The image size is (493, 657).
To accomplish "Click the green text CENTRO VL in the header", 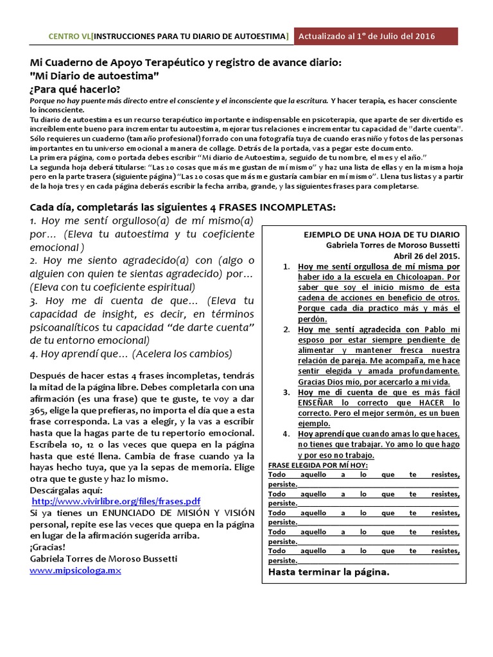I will (x=70, y=37).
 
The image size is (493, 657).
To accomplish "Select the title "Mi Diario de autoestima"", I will (x=94, y=76).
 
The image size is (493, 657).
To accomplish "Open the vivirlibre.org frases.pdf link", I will (x=116, y=501).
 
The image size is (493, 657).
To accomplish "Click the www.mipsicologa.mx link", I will (x=75, y=570).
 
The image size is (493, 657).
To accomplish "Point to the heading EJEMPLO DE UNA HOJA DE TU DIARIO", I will (x=381, y=234).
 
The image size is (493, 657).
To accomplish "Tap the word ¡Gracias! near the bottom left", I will (x=48, y=547).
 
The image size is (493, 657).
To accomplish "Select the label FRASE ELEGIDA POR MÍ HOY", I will (x=316, y=465).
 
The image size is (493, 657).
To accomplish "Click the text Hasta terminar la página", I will (x=328, y=572).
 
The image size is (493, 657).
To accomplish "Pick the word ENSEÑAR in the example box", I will (x=319, y=402).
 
